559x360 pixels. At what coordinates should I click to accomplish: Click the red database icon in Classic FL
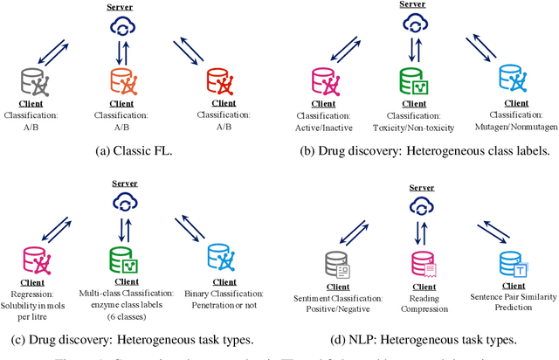pyautogui.click(x=217, y=80)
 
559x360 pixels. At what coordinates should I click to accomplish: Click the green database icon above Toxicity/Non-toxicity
pyautogui.click(x=413, y=80)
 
